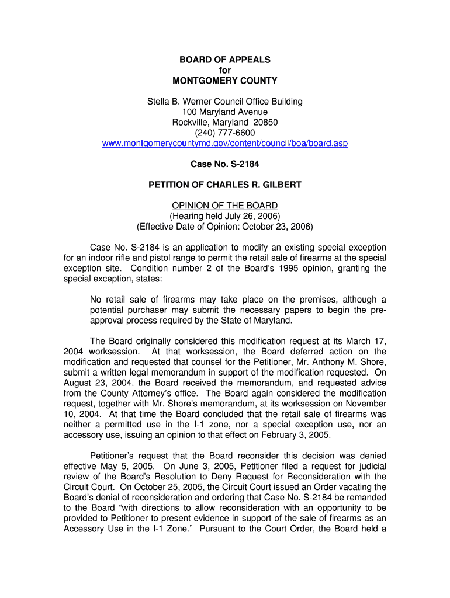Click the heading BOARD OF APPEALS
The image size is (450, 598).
click(225, 60)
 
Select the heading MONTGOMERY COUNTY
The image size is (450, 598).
click(225, 81)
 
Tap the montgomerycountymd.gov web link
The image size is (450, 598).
click(225, 143)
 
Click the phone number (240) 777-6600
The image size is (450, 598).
click(225, 133)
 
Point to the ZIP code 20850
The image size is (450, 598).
click(265, 122)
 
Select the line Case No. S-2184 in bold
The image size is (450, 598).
click(225, 164)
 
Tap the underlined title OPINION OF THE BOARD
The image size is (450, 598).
click(225, 206)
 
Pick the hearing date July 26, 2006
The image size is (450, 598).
click(257, 216)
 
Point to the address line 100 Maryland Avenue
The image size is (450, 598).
click(225, 112)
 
